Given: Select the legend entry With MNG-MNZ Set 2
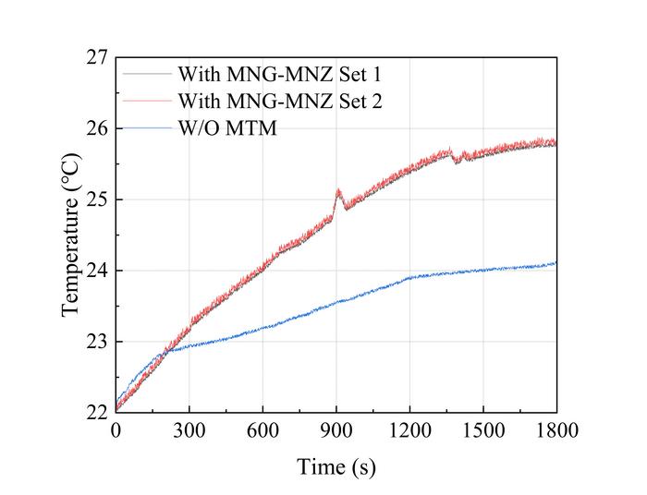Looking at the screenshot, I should (x=261, y=100).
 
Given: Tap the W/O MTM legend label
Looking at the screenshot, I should (x=227, y=127).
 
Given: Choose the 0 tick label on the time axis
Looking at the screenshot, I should (x=116, y=430).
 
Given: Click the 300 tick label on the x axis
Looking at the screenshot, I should (x=189, y=430).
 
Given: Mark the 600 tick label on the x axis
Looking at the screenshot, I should (x=262, y=430).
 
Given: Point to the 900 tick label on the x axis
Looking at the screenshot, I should (x=336, y=430).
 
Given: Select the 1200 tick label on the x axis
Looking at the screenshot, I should (x=409, y=430).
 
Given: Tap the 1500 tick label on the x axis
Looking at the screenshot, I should (x=483, y=430).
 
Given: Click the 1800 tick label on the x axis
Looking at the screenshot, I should (x=556, y=430).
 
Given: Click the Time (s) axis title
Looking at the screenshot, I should (x=336, y=467).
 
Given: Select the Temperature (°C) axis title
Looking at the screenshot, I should (x=72, y=235).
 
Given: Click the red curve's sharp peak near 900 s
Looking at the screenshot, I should (x=338, y=190).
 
